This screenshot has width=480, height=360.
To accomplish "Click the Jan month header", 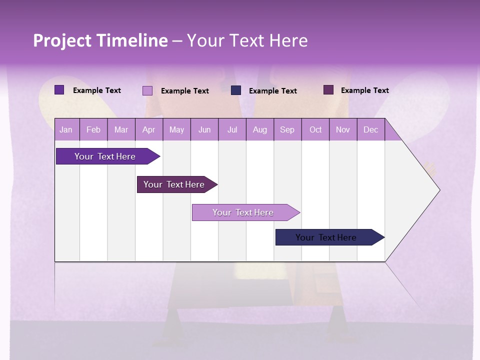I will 66,129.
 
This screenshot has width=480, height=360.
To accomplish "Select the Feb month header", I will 93,129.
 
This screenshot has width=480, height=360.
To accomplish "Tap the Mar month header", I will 121,129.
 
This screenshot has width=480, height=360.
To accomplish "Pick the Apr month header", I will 149,129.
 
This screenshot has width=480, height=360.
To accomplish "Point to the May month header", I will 176,129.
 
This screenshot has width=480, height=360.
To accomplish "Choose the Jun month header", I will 204,129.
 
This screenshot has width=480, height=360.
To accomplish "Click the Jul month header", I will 232,129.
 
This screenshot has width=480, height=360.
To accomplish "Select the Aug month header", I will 260,129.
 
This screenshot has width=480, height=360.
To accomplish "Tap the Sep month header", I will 287,129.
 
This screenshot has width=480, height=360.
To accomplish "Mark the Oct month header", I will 315,129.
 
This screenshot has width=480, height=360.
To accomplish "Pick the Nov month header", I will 343,129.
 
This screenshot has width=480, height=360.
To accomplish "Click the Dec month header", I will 370,129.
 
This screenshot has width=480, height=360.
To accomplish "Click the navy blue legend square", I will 236,90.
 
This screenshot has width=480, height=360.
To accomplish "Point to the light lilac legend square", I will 147,90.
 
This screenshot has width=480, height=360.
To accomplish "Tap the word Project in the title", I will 62,40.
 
